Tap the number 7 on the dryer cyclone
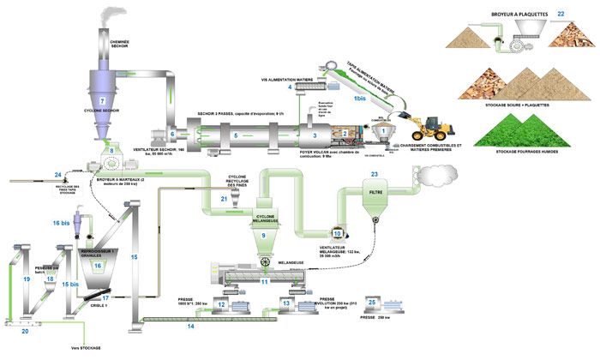[x=102, y=102]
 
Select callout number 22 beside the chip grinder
[x=561, y=15]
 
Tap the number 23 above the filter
[x=374, y=174]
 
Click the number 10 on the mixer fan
[x=338, y=231]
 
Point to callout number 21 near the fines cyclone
[x=224, y=200]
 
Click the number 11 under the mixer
[x=265, y=281]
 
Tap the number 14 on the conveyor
[x=190, y=327]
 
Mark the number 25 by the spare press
[x=371, y=303]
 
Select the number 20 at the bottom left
[x=24, y=330]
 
